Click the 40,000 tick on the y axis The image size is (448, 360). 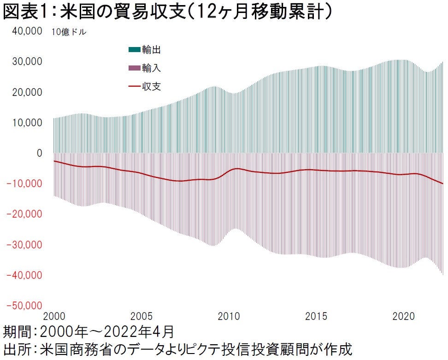28,31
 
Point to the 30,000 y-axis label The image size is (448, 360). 28,61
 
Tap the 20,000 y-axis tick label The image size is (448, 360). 28,92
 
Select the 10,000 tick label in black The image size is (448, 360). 28,123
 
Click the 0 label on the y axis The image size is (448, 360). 40,153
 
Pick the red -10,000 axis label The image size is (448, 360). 26,183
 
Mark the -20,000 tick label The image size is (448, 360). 26,214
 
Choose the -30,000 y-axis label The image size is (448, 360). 26,244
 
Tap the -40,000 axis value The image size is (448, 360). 26,275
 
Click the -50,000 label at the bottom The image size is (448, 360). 26,305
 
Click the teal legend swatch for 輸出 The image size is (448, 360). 134,50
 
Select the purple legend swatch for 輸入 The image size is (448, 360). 134,68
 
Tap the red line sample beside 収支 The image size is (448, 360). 134,86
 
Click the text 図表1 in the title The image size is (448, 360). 25,12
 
